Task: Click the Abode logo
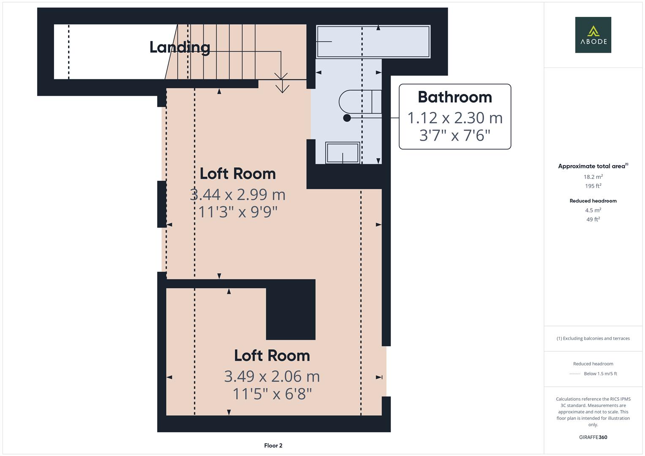tap(593, 35)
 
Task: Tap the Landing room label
tap(180, 47)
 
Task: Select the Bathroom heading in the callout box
tap(455, 97)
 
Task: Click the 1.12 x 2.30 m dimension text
tap(455, 118)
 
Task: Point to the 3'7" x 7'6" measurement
tap(455, 136)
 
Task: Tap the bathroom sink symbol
tap(343, 153)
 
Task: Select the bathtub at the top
tap(373, 41)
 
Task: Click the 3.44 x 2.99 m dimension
tap(238, 195)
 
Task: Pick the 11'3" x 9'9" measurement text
tap(238, 212)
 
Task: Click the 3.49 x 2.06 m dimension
tap(272, 376)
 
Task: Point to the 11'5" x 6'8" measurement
tap(272, 394)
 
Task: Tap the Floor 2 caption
tap(273, 445)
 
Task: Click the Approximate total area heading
tap(593, 166)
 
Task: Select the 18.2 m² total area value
tap(593, 177)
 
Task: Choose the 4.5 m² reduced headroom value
tap(593, 210)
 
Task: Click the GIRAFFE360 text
tap(593, 437)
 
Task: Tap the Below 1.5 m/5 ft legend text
tap(600, 374)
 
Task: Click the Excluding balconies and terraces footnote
tap(593, 338)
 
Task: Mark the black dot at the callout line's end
tap(347, 118)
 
